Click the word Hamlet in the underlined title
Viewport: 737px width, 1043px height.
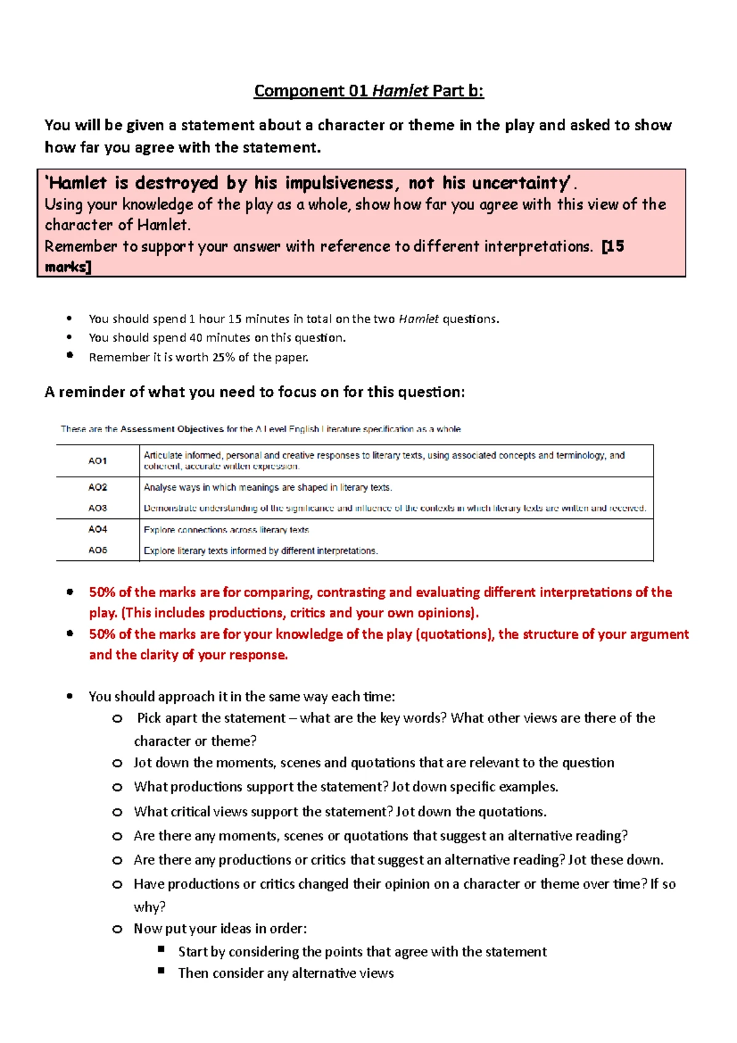(x=400, y=91)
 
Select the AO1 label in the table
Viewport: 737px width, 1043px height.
(x=98, y=461)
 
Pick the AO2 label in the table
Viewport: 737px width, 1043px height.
(x=98, y=487)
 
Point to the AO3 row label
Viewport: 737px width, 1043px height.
(x=98, y=508)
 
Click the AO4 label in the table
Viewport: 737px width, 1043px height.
(x=98, y=529)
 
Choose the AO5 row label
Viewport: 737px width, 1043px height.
(x=98, y=550)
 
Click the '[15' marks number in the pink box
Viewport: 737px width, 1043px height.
(x=613, y=246)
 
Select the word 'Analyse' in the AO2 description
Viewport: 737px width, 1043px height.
(x=158, y=487)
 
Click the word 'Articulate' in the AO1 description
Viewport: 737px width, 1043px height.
(x=163, y=455)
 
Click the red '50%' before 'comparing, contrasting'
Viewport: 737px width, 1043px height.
(x=102, y=592)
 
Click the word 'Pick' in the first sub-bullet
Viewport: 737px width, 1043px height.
(x=149, y=718)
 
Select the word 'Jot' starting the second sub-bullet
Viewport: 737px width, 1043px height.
(x=142, y=763)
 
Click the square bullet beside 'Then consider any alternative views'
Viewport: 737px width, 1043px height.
(x=162, y=971)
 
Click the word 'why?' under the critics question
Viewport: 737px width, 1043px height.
(x=149, y=907)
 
